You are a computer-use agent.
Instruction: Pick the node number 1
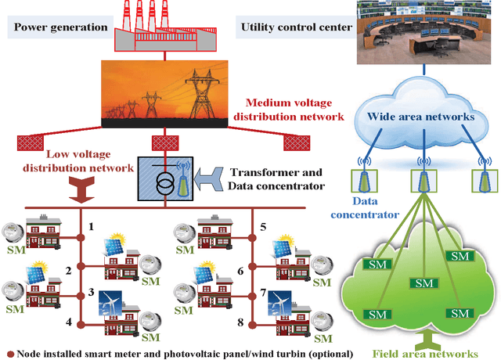91,226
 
